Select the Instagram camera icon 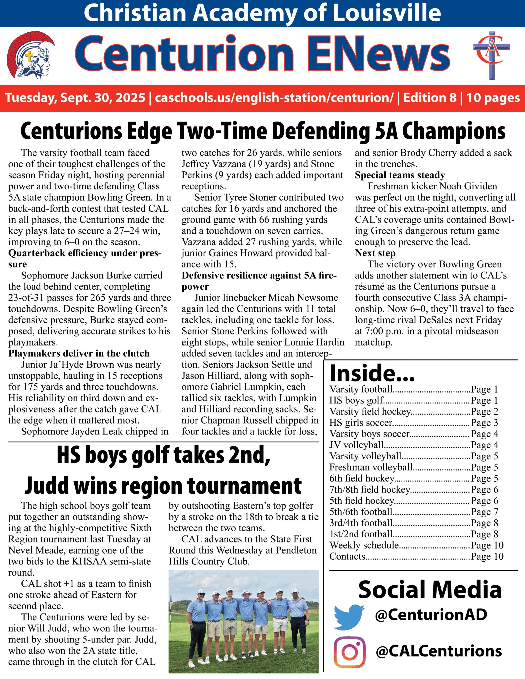tap(350, 652)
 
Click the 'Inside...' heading tap(372, 373)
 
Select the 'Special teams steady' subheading tap(400, 175)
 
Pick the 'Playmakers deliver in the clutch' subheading tap(79, 354)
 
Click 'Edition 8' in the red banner tap(430, 98)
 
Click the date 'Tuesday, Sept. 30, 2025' tap(75, 98)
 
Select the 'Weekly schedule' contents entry tap(364, 545)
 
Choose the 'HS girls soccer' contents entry tap(361, 423)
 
